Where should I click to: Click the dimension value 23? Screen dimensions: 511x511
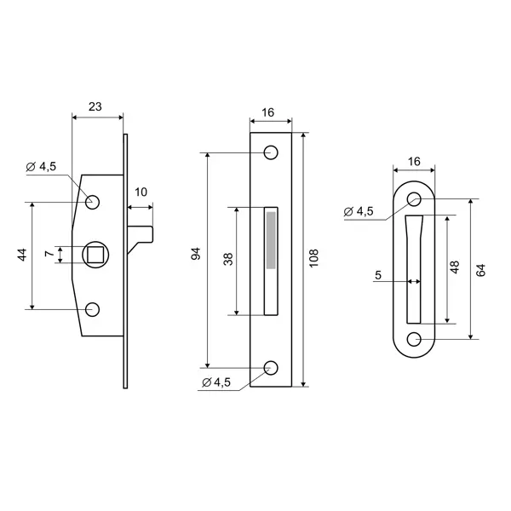pos(95,106)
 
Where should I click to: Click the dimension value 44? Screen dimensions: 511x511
pos(22,255)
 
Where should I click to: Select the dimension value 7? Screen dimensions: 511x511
pos(49,253)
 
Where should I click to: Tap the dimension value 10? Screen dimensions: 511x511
pos(141,192)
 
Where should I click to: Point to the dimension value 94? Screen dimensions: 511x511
pos(196,254)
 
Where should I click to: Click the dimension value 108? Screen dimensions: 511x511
pos(313,258)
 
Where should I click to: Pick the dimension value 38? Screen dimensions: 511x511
pos(228,259)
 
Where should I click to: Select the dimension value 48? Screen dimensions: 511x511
pos(455,267)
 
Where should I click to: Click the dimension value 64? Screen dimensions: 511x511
pos(480,270)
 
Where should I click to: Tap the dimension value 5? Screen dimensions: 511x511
pos(378,275)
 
